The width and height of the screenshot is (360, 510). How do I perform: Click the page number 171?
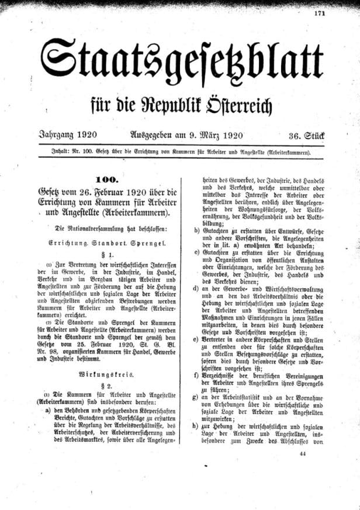[x=335, y=12]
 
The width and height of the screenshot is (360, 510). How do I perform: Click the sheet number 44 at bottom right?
[x=302, y=453]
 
